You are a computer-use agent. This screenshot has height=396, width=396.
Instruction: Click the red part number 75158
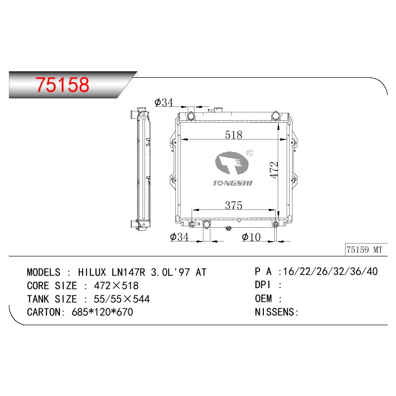point(62,84)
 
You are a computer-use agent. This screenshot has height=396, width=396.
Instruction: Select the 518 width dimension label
point(234,135)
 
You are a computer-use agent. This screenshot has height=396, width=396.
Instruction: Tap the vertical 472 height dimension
point(274,170)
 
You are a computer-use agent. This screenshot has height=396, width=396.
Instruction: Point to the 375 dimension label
point(234,205)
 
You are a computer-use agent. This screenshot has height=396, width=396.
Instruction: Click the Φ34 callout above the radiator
point(164,102)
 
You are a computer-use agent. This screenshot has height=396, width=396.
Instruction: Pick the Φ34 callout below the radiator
point(179,237)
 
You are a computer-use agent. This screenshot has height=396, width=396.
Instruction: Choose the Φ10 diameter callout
point(251,237)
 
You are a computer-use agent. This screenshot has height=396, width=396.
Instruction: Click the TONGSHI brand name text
point(233,183)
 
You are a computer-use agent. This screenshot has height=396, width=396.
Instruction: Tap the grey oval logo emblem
point(232,163)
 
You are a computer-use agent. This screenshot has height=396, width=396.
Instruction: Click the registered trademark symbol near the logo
point(249,153)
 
